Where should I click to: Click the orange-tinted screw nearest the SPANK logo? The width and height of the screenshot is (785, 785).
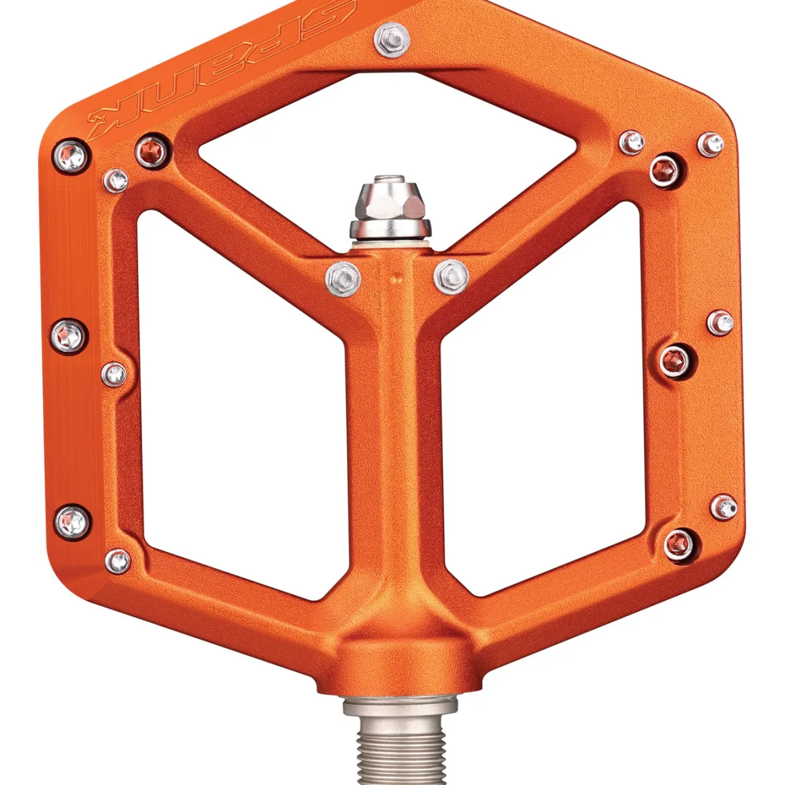151,150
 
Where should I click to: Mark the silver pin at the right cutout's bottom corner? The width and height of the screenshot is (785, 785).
724,506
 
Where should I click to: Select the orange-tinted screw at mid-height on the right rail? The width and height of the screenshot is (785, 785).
676,358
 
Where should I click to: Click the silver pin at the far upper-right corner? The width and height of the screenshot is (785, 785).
710,145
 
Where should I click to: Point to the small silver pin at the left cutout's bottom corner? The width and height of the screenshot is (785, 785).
117,561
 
